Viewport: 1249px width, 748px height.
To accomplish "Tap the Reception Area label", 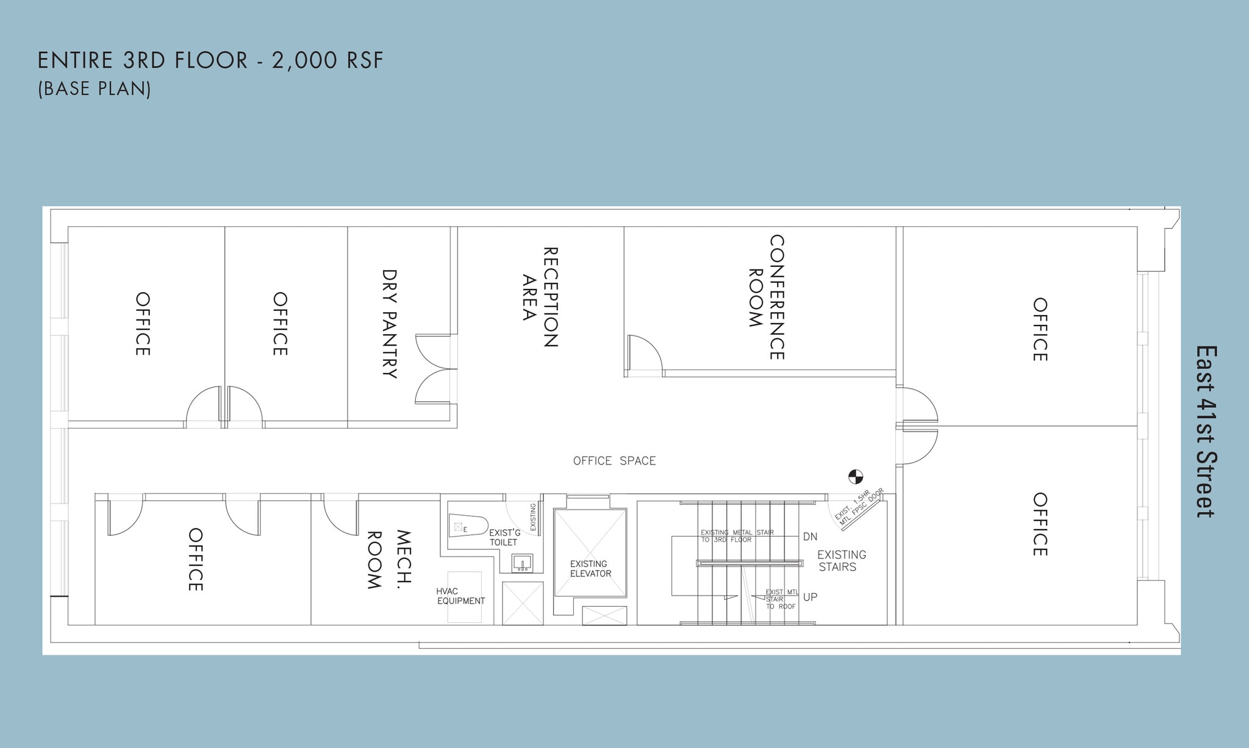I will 540,297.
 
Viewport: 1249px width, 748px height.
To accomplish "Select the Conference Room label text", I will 767,297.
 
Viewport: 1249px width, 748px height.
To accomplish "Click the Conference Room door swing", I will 644,354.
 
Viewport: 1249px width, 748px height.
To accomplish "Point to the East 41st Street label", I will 1205,432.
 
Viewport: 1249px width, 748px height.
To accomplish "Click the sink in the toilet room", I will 522,563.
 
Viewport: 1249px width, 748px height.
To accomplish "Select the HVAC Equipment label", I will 460,596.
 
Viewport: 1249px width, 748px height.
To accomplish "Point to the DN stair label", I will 810,537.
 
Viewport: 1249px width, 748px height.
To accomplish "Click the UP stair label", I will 810,597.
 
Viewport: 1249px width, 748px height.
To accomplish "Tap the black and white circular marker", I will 856,477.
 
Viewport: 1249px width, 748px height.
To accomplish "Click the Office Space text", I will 614,461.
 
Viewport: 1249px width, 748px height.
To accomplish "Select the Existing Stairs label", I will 842,561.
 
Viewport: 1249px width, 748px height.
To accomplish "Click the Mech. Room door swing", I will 339,516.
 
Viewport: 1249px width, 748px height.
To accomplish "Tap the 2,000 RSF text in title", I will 327,61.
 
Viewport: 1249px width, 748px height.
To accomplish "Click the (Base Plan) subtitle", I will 95,89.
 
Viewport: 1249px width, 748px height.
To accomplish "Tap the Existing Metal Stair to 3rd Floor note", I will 737,536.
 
